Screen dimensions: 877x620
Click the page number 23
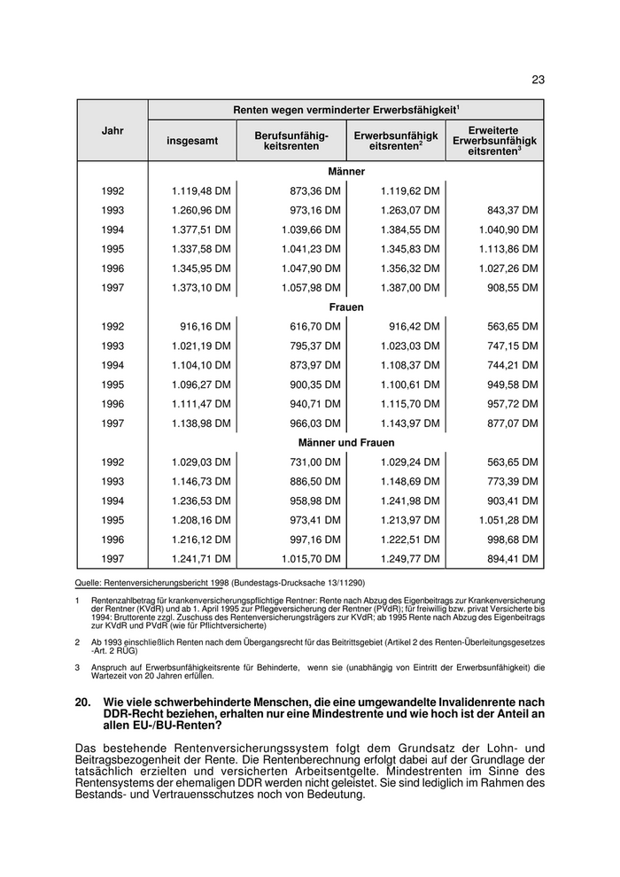(538, 80)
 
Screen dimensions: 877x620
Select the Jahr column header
(112, 130)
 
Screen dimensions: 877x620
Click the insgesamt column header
(191, 141)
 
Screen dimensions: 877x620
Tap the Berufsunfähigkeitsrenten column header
(291, 140)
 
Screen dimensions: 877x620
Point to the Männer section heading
(346, 171)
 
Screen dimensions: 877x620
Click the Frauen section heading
(346, 307)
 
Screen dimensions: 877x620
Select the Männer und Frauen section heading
(346, 442)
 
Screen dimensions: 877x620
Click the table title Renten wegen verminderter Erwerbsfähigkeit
(345, 109)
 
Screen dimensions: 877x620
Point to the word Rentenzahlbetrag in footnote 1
(120, 600)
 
